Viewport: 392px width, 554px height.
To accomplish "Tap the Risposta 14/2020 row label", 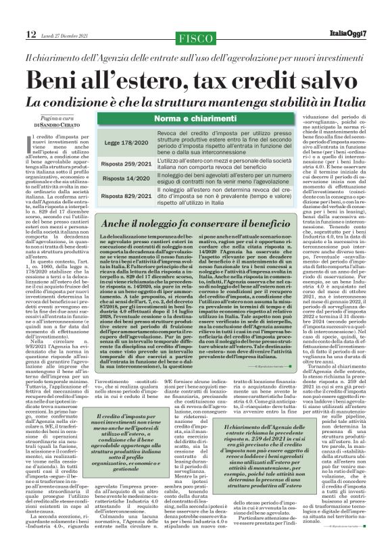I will pyautogui.click(x=126, y=178).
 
